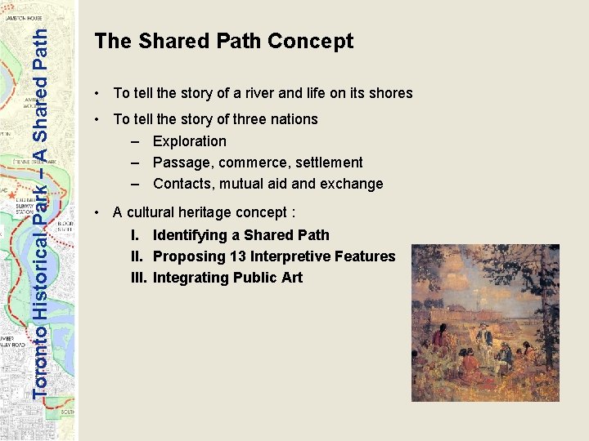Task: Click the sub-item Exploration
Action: point(190,140)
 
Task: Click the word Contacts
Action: point(181,184)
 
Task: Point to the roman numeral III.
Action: point(138,278)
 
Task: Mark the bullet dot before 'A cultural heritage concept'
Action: point(97,213)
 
